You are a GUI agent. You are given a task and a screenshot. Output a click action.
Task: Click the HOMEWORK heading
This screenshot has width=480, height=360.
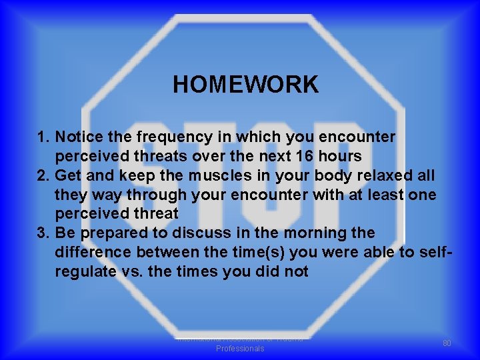tap(245, 85)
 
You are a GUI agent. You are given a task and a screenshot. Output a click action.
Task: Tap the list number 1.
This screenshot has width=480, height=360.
tap(43, 137)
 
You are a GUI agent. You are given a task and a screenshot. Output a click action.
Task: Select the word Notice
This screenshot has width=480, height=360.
tap(79, 137)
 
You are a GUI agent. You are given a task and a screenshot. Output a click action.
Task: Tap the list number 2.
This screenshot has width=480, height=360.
tap(43, 175)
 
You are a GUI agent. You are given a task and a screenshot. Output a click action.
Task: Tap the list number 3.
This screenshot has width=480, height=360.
tap(43, 233)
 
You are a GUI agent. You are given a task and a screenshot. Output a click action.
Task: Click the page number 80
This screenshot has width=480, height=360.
tap(447, 343)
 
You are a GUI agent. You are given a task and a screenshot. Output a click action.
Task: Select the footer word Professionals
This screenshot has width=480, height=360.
tap(240, 349)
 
